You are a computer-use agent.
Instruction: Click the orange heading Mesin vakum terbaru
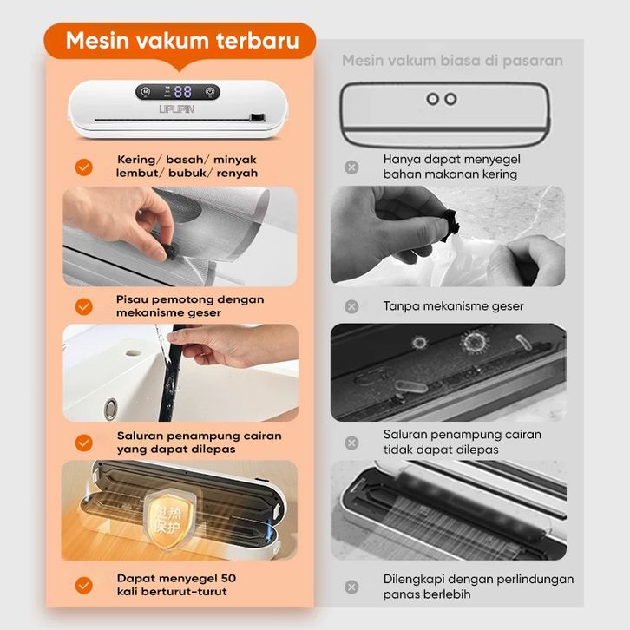pos(182,41)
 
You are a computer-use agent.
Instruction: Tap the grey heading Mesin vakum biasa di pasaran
pos(452,61)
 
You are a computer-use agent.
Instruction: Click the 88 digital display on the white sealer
pos(183,92)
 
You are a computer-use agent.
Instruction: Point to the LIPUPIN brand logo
pos(177,108)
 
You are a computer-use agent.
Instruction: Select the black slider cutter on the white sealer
pos(258,118)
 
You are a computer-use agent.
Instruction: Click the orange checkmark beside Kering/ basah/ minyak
pos(84,167)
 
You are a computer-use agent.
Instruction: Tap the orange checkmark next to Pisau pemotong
pos(84,306)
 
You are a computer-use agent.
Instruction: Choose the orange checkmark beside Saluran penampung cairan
pos(84,443)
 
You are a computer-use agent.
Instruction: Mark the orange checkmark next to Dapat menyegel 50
pos(84,586)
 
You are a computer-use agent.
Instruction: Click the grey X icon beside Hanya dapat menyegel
pos(351,167)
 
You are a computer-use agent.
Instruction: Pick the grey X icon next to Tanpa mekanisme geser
pos(351,306)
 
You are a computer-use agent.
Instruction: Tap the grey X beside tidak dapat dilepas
pos(351,443)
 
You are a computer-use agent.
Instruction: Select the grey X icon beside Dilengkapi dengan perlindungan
pos(351,587)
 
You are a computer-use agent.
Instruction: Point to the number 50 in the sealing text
pos(228,578)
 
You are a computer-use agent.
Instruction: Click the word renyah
pos(237,174)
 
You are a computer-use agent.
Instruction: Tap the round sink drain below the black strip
pos(110,409)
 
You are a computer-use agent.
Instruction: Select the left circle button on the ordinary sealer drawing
pos(433,99)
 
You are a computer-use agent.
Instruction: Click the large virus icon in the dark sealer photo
pos(475,343)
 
